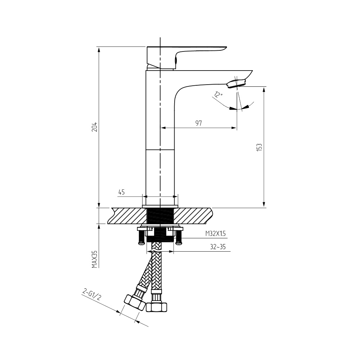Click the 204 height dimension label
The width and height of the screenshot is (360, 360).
[95, 127]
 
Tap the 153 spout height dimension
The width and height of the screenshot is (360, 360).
[259, 147]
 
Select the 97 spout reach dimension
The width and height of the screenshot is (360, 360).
[199, 123]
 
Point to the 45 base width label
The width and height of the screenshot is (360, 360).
[121, 192]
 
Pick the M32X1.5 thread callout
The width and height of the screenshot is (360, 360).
[216, 234]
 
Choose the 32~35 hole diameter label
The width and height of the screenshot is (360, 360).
[218, 247]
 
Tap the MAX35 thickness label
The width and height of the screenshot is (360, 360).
[95, 259]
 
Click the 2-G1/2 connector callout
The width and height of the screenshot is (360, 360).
[91, 295]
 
